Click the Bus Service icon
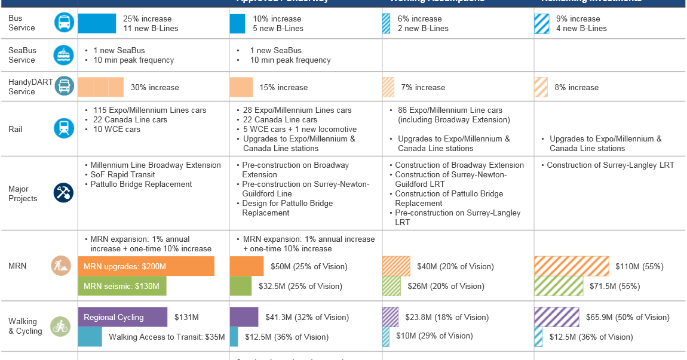pyautogui.click(x=64, y=23)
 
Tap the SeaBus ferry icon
pyautogui.click(x=64, y=55)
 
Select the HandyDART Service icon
pyautogui.click(x=64, y=86)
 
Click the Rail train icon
pyautogui.click(x=64, y=128)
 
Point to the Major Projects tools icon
pyautogui.click(x=64, y=193)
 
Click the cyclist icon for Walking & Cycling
pyautogui.click(x=60, y=326)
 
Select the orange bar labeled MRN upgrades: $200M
pyautogui.click(x=146, y=266)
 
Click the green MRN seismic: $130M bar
pyautogui.click(x=122, y=286)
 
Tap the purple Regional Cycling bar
pyautogui.click(x=122, y=317)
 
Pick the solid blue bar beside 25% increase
pyautogui.click(x=97, y=23)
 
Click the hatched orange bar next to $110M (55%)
pyautogui.click(x=571, y=266)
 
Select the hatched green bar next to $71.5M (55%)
pyautogui.click(x=559, y=286)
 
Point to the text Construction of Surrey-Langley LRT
pyautogui.click(x=611, y=165)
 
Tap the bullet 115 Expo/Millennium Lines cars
pyautogui.click(x=149, y=110)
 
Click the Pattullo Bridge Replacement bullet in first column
pyautogui.click(x=141, y=184)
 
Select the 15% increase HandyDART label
pyautogui.click(x=283, y=87)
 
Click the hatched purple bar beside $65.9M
pyautogui.click(x=557, y=317)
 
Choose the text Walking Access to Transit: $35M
pyautogui.click(x=167, y=337)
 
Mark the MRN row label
pyautogui.click(x=17, y=266)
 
